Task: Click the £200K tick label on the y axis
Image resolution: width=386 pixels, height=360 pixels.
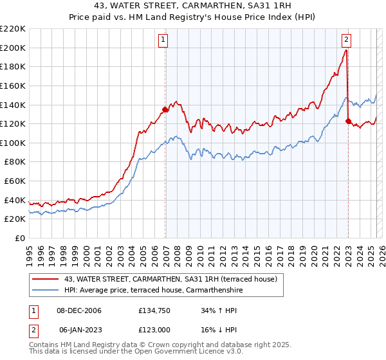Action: tap(13, 48)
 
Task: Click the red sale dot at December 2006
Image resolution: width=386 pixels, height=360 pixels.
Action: tap(165, 110)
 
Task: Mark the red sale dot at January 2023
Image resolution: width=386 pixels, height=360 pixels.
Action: tap(348, 121)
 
